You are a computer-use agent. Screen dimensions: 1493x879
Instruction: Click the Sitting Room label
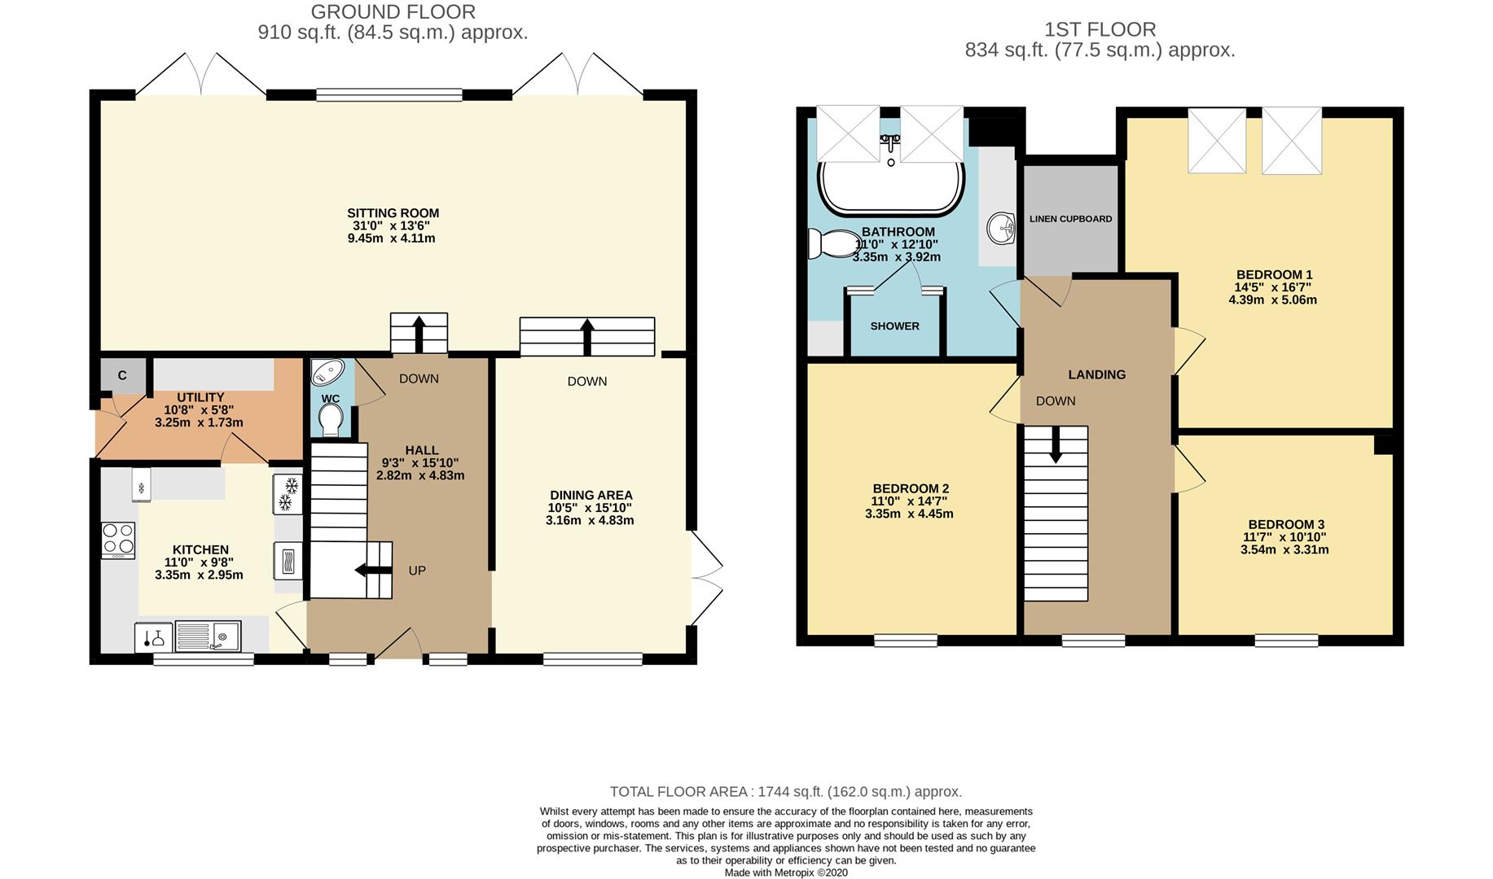(393, 213)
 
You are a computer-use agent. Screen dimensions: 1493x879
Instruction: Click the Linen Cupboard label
(1070, 219)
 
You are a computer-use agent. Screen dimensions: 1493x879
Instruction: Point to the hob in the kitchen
(118, 540)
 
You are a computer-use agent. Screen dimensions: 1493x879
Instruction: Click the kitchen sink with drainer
(208, 637)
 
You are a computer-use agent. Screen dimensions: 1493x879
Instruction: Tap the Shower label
(894, 326)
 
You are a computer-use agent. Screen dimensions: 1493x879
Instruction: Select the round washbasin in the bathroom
(1000, 229)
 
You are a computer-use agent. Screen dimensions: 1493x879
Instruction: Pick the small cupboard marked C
(122, 375)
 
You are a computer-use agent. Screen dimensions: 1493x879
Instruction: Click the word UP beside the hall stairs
(417, 571)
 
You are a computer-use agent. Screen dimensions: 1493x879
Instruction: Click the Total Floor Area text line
(786, 791)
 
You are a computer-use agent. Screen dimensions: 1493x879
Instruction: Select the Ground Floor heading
(393, 11)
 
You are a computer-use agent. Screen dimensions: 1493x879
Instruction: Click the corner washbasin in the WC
(327, 372)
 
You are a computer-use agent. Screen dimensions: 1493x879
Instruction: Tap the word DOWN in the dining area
(587, 381)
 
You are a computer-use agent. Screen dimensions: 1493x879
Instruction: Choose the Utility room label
(200, 397)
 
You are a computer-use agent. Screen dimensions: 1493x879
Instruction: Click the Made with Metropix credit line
(786, 872)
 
